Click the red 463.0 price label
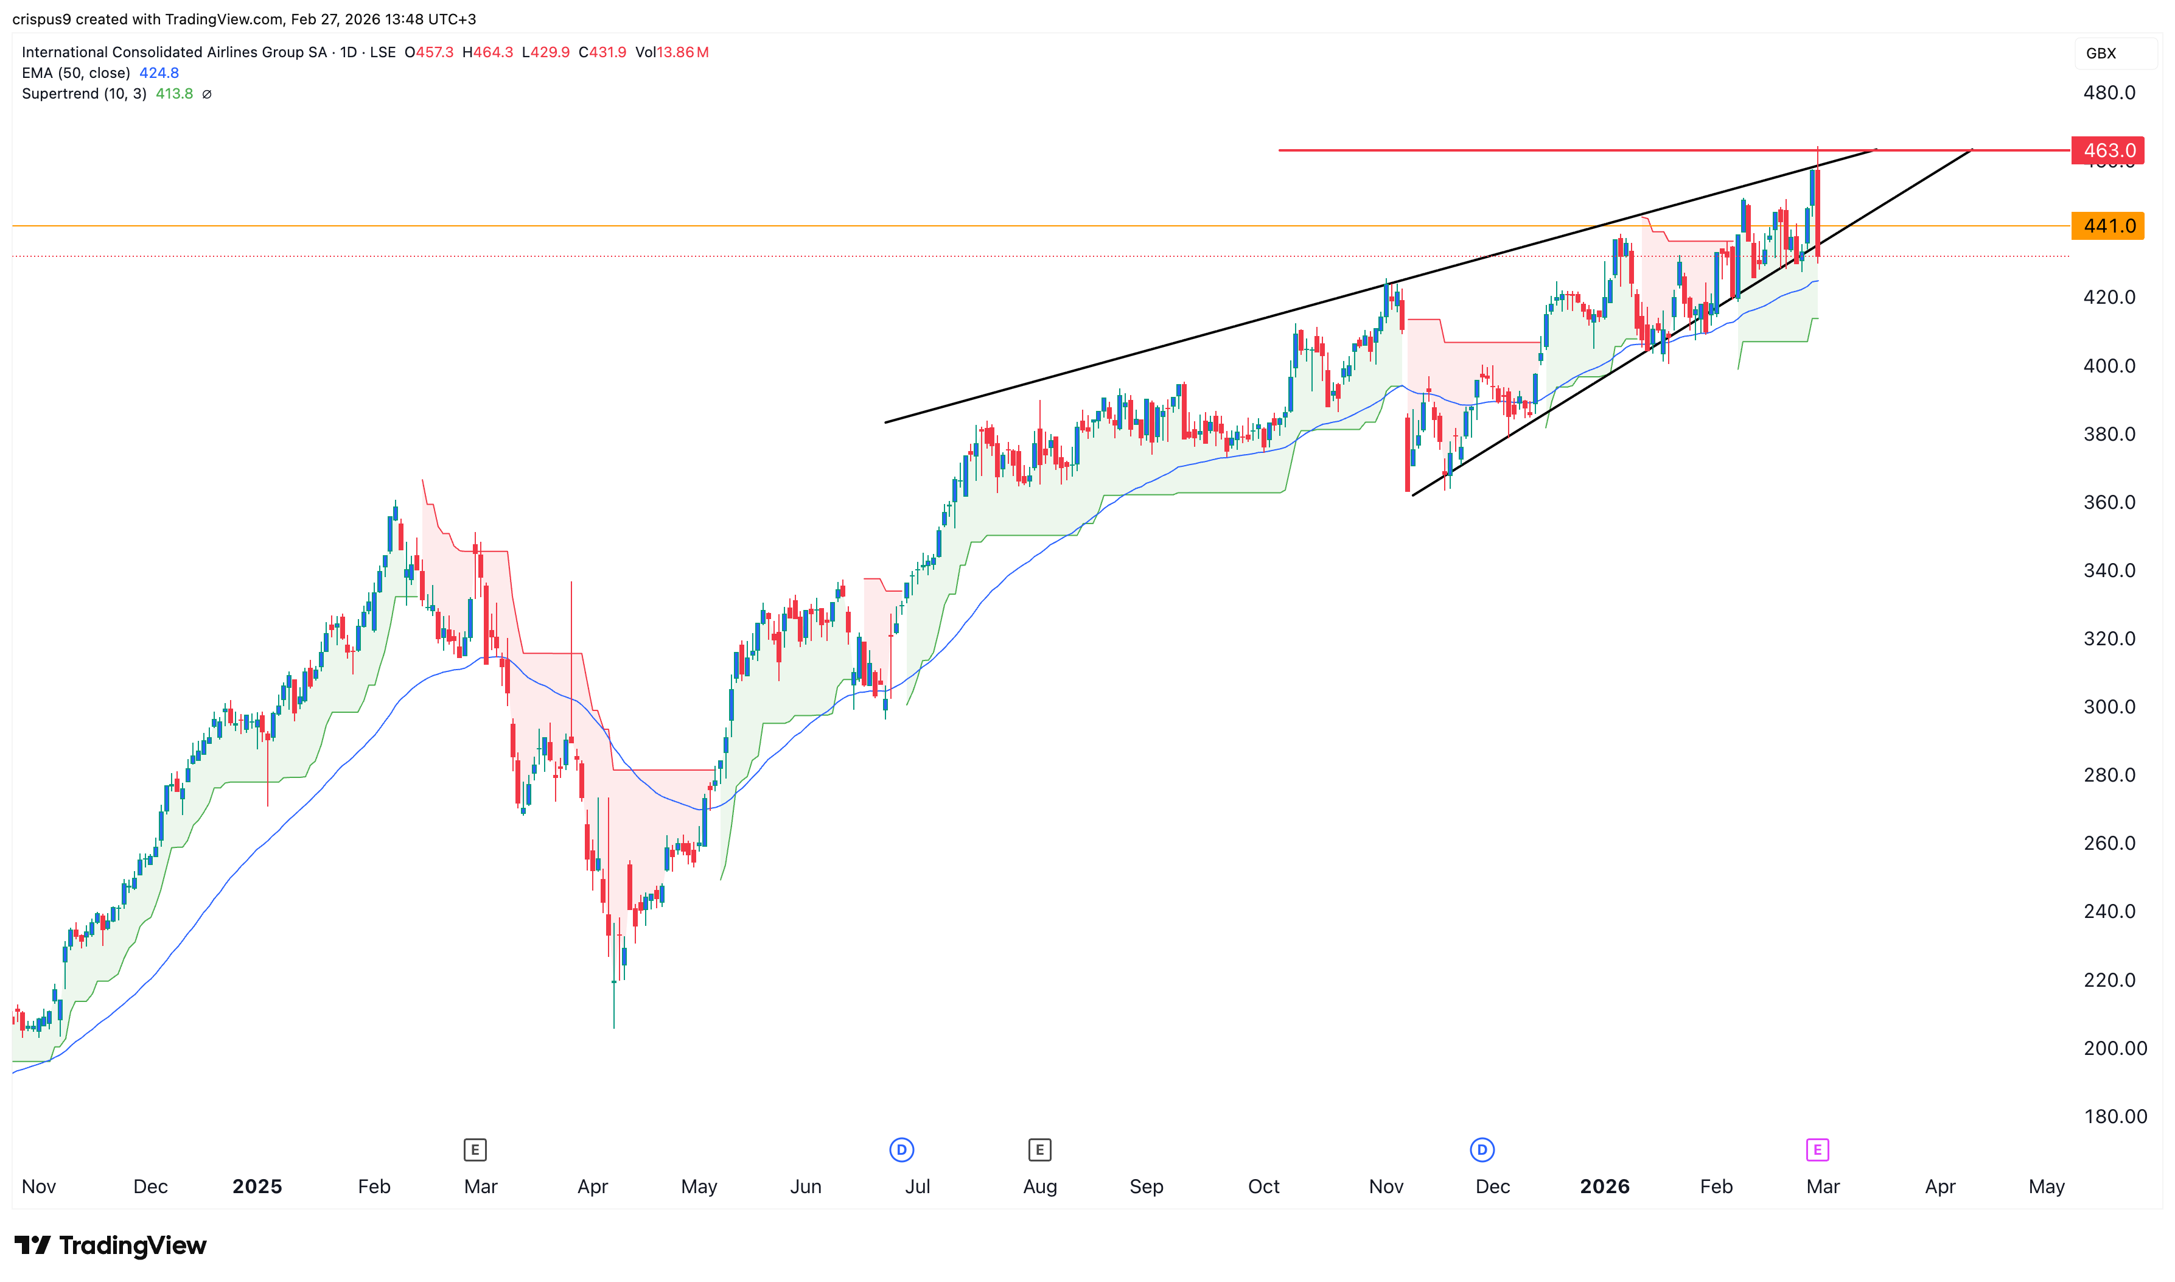point(2107,150)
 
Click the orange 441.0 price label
point(2107,225)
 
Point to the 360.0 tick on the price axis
point(2109,502)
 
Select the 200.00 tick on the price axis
point(2115,1048)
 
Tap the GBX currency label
point(2101,54)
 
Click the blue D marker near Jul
point(901,1150)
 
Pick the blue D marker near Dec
point(1482,1150)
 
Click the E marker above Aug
point(1039,1150)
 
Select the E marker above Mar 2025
point(475,1150)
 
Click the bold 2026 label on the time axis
point(1604,1186)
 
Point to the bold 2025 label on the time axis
point(257,1186)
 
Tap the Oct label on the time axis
point(1263,1186)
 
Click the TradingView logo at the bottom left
point(111,1245)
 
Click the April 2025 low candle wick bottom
point(614,1026)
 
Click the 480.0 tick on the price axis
point(2109,93)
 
